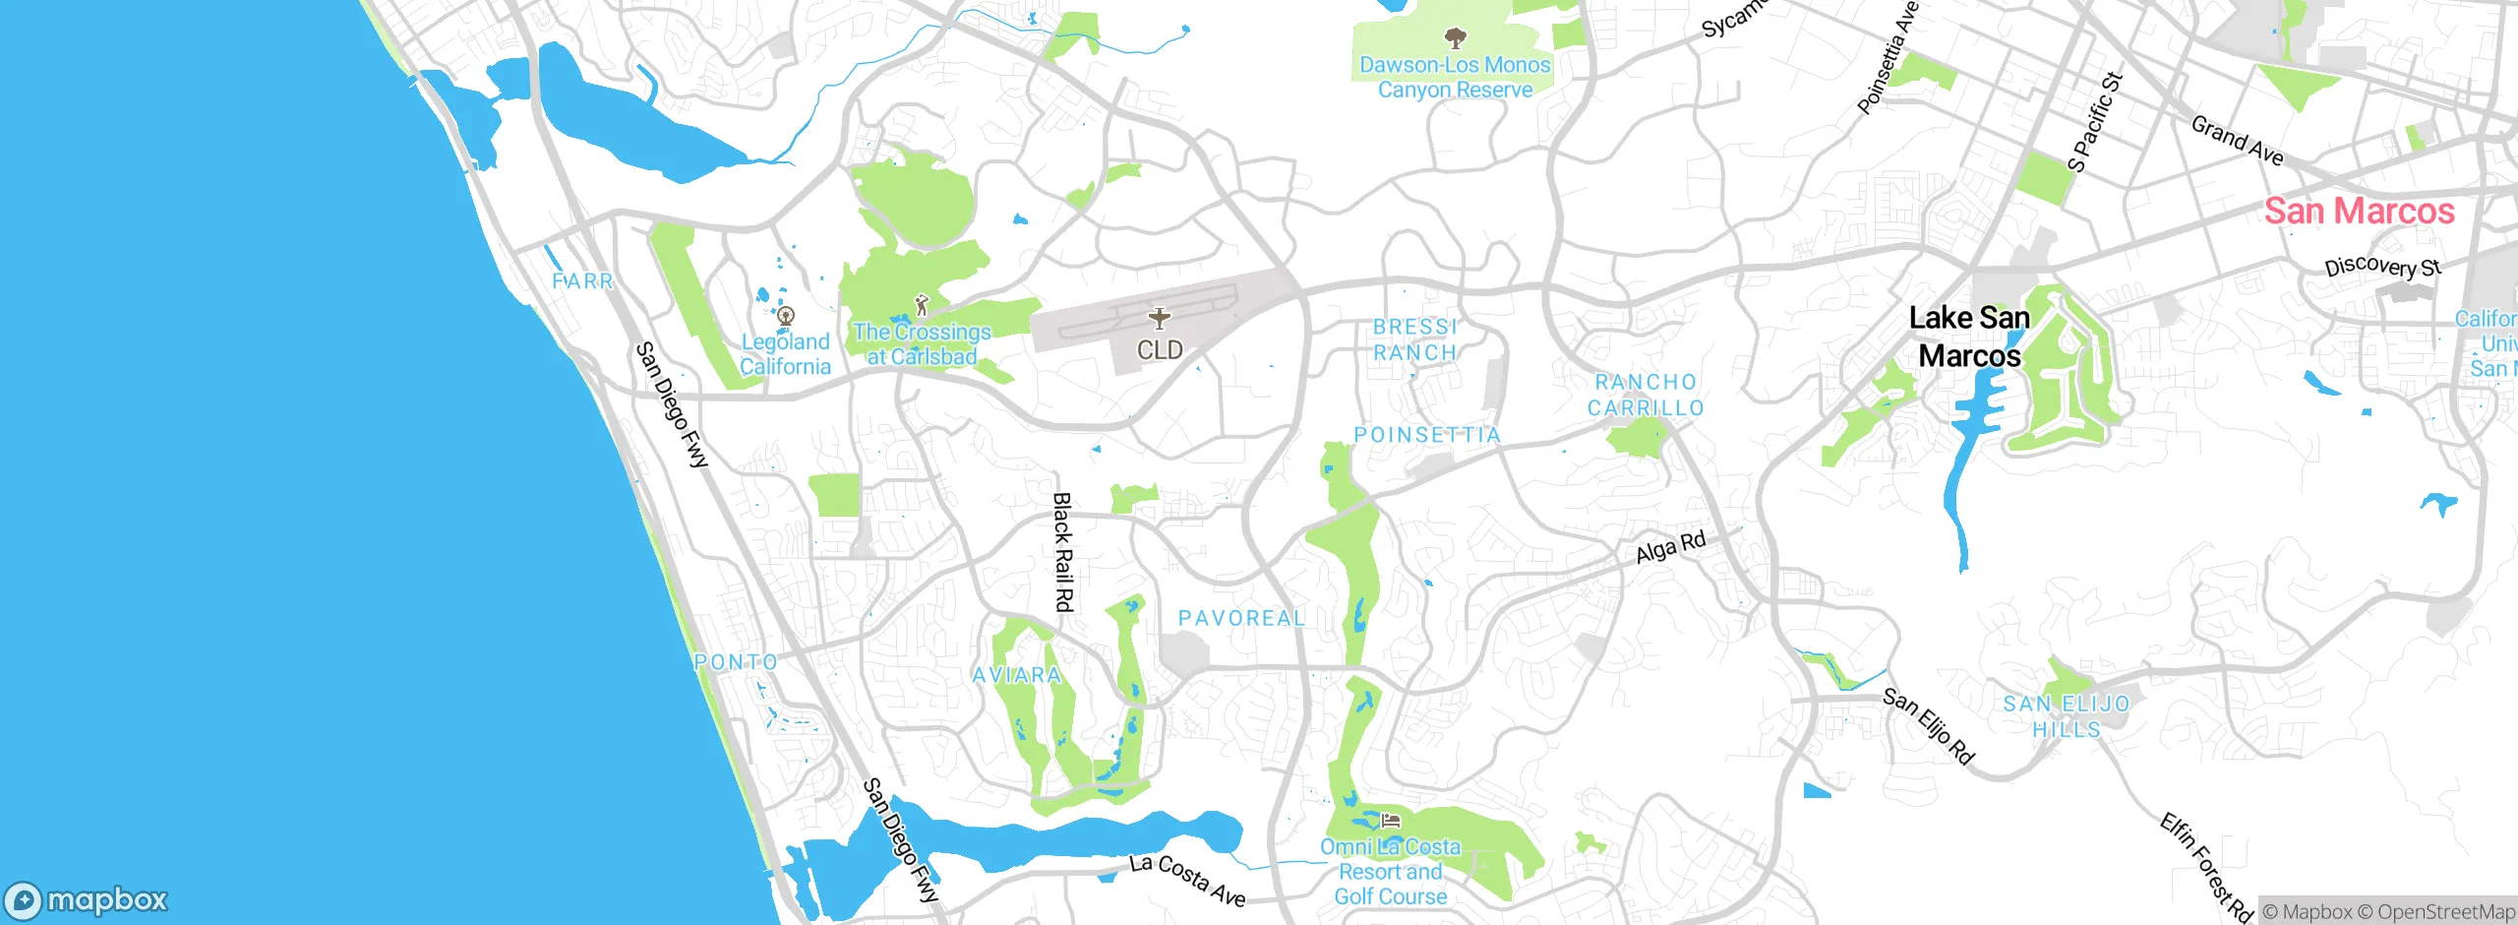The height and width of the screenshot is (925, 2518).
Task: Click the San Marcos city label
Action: (x=2359, y=212)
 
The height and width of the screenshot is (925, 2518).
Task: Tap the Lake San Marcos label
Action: (x=1969, y=337)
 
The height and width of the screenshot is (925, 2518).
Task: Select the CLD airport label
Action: (x=1160, y=350)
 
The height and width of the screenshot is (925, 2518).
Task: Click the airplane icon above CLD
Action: (x=1160, y=318)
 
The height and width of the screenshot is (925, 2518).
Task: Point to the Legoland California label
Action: (x=785, y=354)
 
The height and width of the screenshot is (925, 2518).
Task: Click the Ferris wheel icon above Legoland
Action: (x=785, y=317)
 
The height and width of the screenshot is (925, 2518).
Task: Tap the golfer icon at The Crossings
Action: (x=922, y=305)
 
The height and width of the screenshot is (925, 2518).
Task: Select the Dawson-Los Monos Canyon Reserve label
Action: (x=1455, y=78)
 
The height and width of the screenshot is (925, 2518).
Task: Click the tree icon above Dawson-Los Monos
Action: (x=1455, y=38)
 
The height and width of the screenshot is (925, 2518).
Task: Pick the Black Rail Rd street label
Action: (x=1062, y=552)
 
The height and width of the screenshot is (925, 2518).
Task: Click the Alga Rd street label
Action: (x=1670, y=547)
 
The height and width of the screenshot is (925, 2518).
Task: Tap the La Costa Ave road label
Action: (x=1187, y=880)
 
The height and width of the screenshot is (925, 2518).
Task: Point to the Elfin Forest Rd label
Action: (x=2206, y=867)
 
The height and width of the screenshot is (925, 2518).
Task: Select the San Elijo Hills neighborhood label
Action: (x=2067, y=716)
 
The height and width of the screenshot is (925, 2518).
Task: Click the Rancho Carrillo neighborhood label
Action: (x=1646, y=395)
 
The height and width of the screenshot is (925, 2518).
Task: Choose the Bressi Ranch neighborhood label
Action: (x=1415, y=339)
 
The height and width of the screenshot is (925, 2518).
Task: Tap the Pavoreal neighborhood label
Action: (x=1242, y=618)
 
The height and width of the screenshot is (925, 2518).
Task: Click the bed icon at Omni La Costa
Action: (x=1390, y=820)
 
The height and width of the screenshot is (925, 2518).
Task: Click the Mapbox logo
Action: (x=87, y=900)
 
